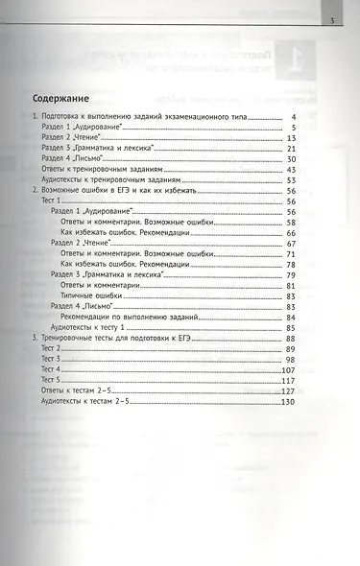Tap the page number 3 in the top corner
331,21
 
